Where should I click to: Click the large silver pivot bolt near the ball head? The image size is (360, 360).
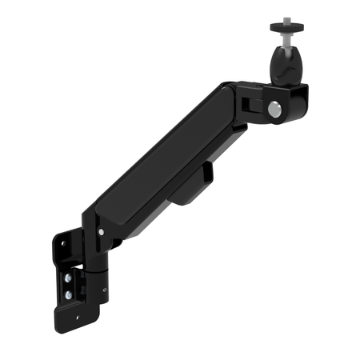pos(274,110)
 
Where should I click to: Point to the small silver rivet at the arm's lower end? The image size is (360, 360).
pos(100,232)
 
